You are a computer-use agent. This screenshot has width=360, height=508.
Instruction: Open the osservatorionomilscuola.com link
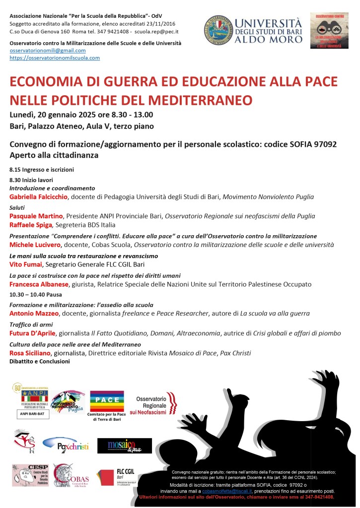pyautogui.click(x=55, y=58)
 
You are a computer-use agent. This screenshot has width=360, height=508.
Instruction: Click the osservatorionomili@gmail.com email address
pyautogui.click(x=48, y=51)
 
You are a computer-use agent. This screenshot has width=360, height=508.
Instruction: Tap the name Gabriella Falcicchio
pyautogui.click(x=38, y=197)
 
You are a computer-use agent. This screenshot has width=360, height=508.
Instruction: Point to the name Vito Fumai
pyautogui.click(x=26, y=265)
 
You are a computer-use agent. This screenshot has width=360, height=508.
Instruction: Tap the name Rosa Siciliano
pyautogui.click(x=31, y=353)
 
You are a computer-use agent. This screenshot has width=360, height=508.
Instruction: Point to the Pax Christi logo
pyautogui.click(x=66, y=445)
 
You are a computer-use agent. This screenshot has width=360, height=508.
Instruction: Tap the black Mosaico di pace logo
pyautogui.click(x=124, y=445)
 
